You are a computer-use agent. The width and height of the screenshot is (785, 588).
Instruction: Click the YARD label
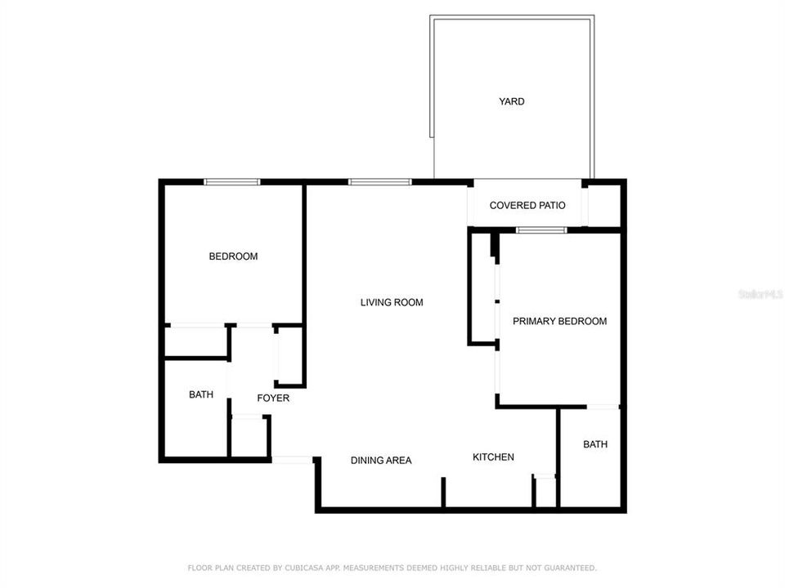tap(512, 102)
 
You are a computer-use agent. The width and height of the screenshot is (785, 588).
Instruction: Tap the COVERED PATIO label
tap(527, 206)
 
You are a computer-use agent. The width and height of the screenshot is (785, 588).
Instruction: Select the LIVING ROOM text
tap(392, 302)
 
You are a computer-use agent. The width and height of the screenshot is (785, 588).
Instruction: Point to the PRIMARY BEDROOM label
tap(559, 322)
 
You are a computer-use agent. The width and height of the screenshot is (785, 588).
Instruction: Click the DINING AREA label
tap(381, 461)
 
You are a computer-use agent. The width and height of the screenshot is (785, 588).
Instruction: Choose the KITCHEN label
tap(493, 457)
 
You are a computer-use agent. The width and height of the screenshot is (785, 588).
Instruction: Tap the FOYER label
tap(273, 399)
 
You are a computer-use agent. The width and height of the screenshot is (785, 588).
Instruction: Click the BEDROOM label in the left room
tap(233, 256)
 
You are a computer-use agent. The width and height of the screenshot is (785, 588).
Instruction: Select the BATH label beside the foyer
tap(201, 394)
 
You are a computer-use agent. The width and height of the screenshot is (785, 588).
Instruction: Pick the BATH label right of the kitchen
tap(595, 444)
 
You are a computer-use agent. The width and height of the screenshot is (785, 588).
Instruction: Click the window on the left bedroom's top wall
tap(231, 182)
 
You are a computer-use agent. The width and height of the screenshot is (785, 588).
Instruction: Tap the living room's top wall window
tap(379, 182)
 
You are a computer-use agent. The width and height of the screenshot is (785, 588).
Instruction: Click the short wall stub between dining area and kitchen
tap(443, 492)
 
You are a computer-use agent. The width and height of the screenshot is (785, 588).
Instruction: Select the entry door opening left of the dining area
tap(292, 461)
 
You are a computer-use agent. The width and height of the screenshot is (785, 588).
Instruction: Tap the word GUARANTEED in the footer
tap(567, 568)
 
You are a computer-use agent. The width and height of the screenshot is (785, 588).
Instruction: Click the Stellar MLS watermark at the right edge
tap(760, 293)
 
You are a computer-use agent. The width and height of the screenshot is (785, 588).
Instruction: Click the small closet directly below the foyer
tap(249, 437)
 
